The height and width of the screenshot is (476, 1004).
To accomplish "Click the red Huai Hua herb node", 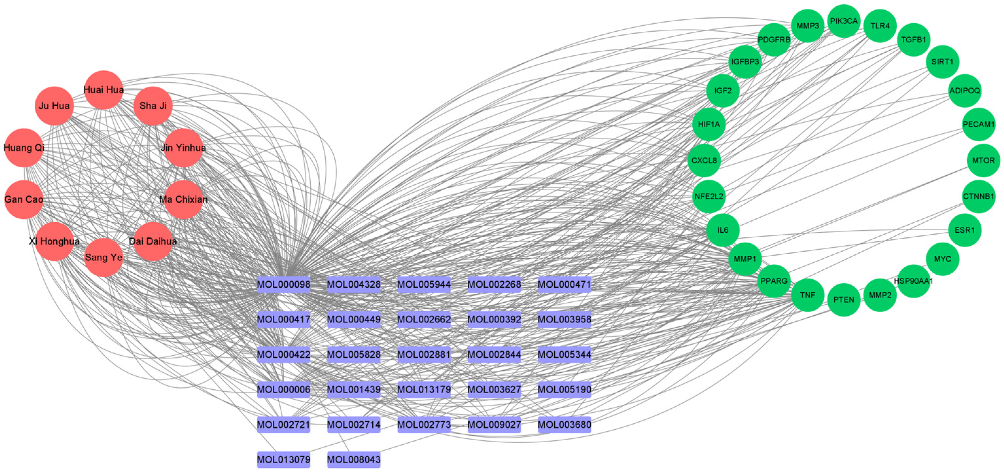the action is (104, 90).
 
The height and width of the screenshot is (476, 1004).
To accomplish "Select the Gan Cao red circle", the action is (24, 199).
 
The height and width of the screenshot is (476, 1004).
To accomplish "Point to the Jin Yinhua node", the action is (183, 148).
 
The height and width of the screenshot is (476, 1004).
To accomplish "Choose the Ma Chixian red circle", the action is (183, 199).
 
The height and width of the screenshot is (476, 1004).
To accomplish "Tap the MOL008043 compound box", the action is (354, 460).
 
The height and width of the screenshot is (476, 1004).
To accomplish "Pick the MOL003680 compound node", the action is (564, 425).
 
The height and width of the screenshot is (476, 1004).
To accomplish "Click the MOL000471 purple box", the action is (564, 284).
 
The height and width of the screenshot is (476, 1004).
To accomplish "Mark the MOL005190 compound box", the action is (564, 389).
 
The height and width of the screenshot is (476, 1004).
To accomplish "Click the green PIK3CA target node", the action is (844, 21).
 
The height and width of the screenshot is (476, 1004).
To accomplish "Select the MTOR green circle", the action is (983, 161).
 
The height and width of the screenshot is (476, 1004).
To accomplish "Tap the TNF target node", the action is (807, 295).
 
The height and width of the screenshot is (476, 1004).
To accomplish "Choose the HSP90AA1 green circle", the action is (914, 281).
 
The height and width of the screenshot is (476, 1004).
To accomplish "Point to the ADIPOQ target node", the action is (965, 91).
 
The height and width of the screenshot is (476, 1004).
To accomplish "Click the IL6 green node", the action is (723, 230).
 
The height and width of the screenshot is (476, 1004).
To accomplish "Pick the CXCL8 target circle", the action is (704, 161).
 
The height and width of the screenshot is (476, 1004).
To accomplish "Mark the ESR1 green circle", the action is (965, 230).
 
